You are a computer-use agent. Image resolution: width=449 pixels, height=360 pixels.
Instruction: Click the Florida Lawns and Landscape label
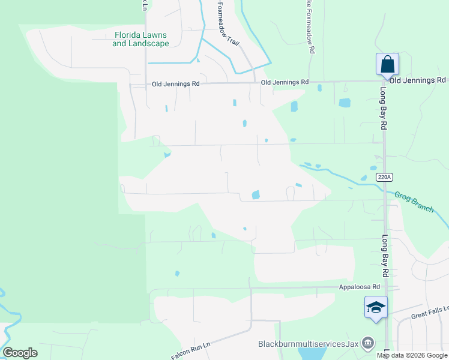click(x=140, y=39)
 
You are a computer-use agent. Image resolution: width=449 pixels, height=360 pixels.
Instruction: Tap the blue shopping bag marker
click(x=387, y=65)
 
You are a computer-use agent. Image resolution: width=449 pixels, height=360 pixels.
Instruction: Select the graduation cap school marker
click(x=376, y=308)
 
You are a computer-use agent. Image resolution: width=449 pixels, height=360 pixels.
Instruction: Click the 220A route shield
click(x=384, y=177)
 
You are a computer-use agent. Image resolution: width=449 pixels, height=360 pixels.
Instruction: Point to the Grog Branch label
click(x=414, y=201)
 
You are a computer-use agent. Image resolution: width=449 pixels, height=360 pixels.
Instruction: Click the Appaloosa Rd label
click(x=359, y=287)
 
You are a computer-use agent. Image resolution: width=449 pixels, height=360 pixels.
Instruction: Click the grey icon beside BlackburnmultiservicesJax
click(x=368, y=344)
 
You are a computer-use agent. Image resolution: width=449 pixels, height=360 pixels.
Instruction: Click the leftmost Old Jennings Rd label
click(x=175, y=85)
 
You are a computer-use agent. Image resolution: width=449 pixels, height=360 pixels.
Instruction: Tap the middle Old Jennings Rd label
click(x=285, y=82)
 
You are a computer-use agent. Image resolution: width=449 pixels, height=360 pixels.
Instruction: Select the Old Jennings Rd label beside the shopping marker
click(x=418, y=80)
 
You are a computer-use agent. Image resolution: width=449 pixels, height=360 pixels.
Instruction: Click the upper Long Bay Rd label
click(x=382, y=109)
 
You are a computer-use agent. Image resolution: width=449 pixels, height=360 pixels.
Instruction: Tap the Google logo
click(x=20, y=352)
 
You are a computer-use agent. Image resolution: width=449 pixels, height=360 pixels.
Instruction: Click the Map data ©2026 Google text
click(x=411, y=355)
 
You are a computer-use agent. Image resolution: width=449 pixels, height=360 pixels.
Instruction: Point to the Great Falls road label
click(x=430, y=313)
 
